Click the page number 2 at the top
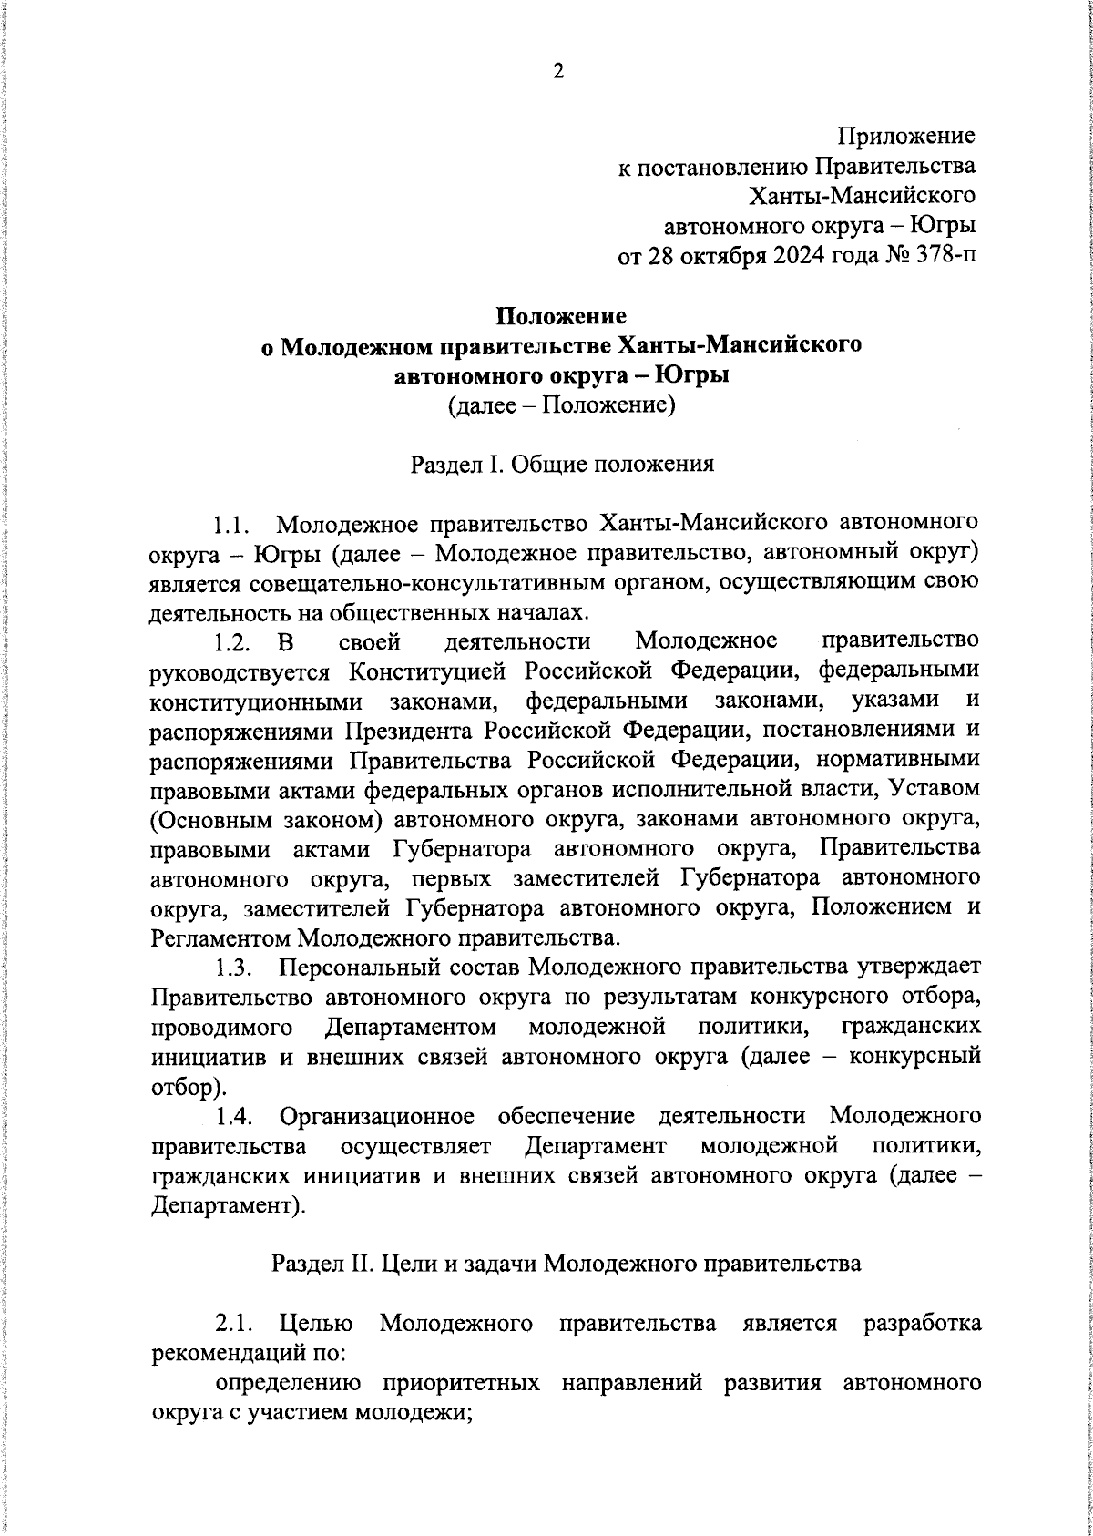558,72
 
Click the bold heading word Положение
561,316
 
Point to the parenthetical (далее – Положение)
561,404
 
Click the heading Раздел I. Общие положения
561,465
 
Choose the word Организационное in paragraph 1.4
378,1116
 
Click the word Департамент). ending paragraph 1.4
227,1204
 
